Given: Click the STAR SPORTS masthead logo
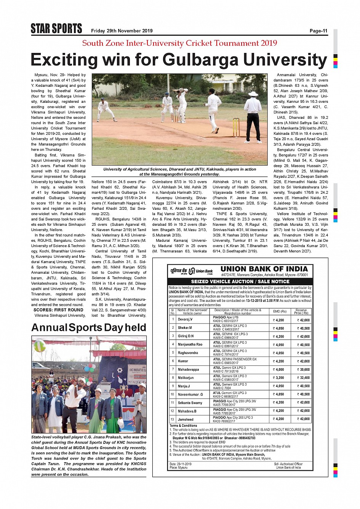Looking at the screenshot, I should click(56, 29).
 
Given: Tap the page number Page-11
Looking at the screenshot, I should click(318, 31).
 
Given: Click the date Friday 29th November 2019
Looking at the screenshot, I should click(122, 31).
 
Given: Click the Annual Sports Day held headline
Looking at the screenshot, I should click(89, 328).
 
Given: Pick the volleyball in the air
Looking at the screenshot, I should click(40, 345).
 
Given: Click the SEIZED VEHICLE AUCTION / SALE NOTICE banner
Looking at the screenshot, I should click(240, 281).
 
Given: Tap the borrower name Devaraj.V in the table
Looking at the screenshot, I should click(185, 319).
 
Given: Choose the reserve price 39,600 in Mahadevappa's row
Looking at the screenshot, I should click(303, 370).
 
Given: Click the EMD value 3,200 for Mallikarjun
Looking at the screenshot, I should click(278, 378).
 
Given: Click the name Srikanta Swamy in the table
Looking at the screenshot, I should click(190, 403).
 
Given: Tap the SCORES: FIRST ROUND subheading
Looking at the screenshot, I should click(58, 310).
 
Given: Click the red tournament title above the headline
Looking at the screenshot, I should click(179, 43).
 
